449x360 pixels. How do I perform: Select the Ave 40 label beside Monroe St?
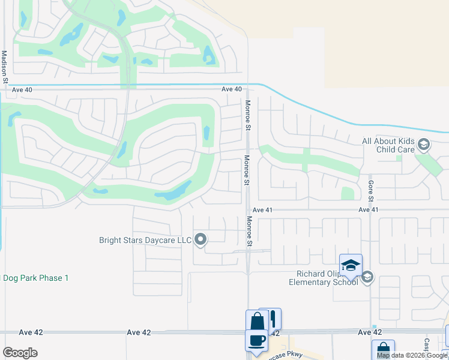[x=231, y=89]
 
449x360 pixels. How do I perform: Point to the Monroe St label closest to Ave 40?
[x=247, y=115]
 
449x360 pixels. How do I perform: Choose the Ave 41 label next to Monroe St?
[x=262, y=210]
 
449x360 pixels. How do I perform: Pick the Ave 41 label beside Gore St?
[x=369, y=210]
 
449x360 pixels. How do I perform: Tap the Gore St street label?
[x=371, y=191]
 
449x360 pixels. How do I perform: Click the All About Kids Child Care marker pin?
[x=424, y=145]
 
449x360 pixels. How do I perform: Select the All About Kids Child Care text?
[x=388, y=145]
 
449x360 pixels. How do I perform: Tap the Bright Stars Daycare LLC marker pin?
[x=200, y=240]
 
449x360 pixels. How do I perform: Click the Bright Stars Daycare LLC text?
[x=145, y=241]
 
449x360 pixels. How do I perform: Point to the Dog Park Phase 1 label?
[x=36, y=278]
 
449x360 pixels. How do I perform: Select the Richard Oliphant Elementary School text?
[x=324, y=278]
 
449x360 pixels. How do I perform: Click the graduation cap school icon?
[x=351, y=265]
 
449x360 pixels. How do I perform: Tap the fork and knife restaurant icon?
[x=271, y=319]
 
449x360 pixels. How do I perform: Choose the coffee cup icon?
[x=256, y=340]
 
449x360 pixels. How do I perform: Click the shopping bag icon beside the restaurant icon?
[x=257, y=320]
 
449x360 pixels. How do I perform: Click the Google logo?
[x=20, y=353]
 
